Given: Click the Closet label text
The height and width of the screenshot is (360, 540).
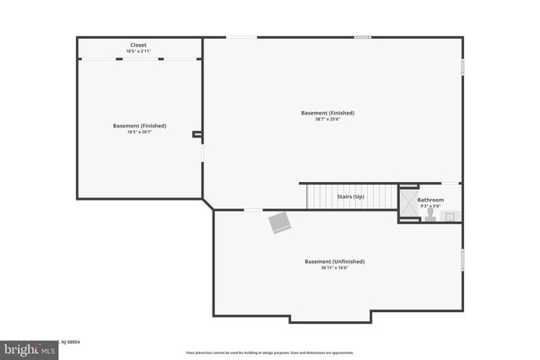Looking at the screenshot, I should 139,45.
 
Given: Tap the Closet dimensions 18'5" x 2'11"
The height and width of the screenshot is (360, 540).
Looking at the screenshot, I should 139,51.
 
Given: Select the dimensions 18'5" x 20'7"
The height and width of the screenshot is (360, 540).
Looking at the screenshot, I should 139,132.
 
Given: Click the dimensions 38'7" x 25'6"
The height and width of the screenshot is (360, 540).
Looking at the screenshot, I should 327,119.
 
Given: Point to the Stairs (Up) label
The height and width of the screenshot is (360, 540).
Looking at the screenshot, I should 350,196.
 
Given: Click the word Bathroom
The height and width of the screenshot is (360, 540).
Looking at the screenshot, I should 429,200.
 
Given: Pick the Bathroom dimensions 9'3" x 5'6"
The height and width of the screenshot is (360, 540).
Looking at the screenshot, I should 429,206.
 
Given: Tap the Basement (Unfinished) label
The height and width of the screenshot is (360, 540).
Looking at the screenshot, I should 334,261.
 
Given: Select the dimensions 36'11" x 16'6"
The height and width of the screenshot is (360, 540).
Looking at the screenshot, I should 334,268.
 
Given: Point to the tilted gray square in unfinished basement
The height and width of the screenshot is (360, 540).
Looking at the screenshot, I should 280,222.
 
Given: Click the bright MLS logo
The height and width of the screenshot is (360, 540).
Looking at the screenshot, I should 25,349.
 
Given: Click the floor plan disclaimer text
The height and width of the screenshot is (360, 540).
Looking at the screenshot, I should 269,352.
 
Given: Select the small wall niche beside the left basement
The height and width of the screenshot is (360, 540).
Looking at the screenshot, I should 197,133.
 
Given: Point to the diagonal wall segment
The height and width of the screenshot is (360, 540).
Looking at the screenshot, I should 208,204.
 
